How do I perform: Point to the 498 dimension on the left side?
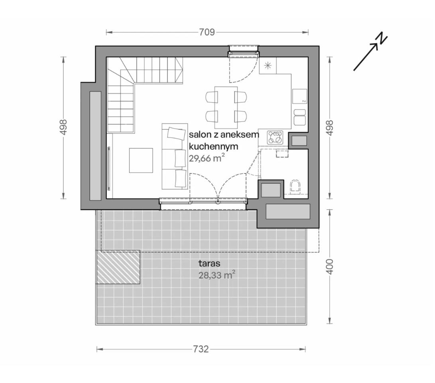[x=63, y=128]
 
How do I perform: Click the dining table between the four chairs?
[x=226, y=105]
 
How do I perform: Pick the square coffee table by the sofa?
[x=141, y=160]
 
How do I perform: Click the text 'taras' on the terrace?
[x=209, y=263]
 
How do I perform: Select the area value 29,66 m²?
[x=207, y=158]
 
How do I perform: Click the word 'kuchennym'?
[x=213, y=146]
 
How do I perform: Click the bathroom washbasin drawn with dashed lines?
[x=282, y=153]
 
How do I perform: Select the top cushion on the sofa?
[x=176, y=133]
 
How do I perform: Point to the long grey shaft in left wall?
[x=95, y=146]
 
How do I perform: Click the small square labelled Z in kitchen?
[x=300, y=97]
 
